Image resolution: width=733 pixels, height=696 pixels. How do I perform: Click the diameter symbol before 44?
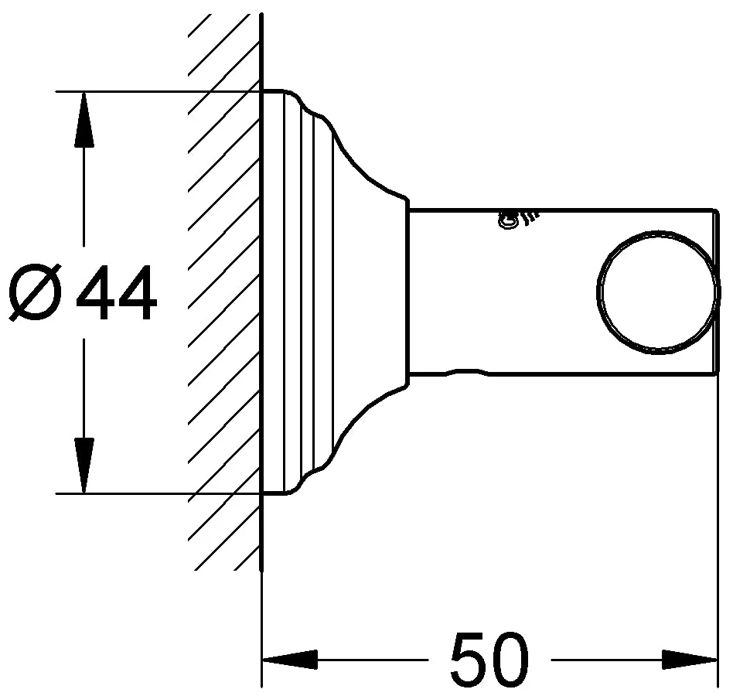[x=35, y=292]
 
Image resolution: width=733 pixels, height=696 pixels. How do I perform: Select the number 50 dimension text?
[x=489, y=658]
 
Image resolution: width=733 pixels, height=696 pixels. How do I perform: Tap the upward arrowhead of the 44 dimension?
[x=84, y=120]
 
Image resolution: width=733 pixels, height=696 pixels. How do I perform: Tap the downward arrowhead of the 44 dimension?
[x=84, y=466]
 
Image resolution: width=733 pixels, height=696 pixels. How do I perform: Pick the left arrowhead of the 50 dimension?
[x=290, y=660]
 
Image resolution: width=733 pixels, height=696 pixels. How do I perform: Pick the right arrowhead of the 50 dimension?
[x=690, y=660]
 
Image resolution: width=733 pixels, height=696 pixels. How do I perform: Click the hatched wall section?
[x=224, y=290]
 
